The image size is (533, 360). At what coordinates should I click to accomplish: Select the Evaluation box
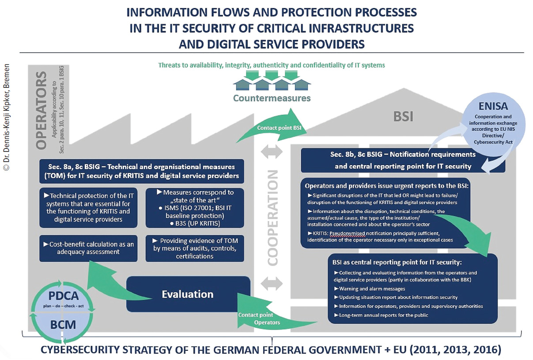(x=187, y=294)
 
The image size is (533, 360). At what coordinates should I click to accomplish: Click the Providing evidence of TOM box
(x=194, y=248)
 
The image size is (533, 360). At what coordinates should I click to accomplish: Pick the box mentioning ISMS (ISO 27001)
(x=194, y=208)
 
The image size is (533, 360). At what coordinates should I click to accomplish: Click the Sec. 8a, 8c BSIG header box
(x=141, y=171)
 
